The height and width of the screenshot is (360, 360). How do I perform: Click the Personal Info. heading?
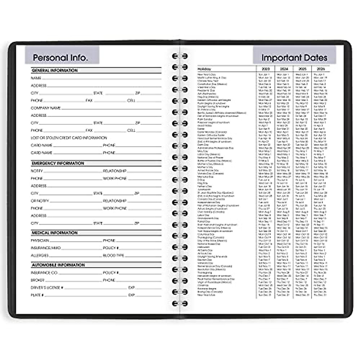tap(60, 57)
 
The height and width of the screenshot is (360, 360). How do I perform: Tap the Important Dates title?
tap(294, 57)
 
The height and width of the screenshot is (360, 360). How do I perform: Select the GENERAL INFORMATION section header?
tap(55, 70)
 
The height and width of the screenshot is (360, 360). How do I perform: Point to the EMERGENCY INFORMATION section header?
tap(58, 163)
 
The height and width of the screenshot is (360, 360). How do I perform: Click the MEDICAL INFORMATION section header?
tap(55, 233)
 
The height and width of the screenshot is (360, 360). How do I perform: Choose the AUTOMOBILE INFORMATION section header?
tap(58, 265)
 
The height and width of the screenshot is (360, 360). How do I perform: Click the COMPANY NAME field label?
tap(46, 108)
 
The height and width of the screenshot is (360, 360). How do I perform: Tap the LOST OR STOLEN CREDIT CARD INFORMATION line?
tap(69, 138)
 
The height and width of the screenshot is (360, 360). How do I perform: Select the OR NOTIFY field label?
tap(40, 201)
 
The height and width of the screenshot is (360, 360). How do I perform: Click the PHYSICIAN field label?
tap(40, 241)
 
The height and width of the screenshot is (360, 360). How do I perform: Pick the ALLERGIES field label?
tap(40, 256)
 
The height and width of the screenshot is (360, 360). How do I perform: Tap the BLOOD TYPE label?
tap(113, 256)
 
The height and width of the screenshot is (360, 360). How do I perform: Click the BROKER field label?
tap(37, 280)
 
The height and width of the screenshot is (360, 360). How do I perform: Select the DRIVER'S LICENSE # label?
tap(47, 288)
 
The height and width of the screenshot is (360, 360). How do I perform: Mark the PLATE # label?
tap(37, 295)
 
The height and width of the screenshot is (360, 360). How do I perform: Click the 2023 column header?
tap(265, 69)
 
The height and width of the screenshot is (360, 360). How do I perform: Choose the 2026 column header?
tap(321, 69)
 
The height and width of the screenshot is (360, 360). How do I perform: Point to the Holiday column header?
tap(204, 69)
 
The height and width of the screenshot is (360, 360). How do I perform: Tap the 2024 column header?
tap(284, 69)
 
